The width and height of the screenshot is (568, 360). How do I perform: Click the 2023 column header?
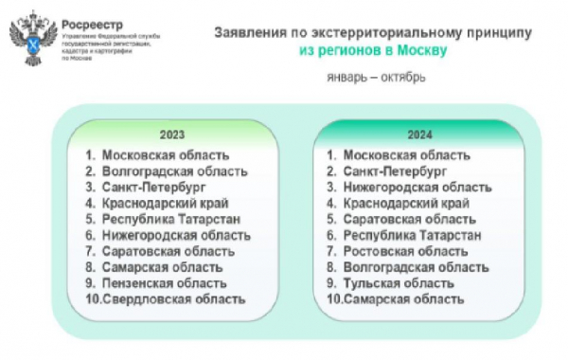(171, 135)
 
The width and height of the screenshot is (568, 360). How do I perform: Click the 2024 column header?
(417, 135)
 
